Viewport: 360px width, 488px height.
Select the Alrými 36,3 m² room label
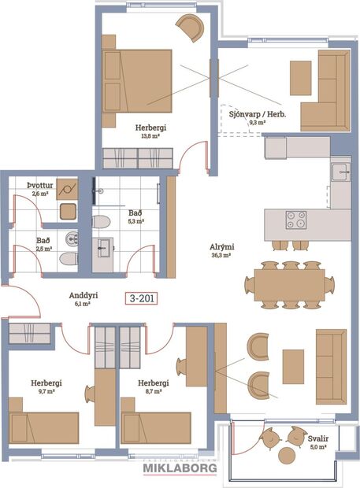click(x=221, y=250)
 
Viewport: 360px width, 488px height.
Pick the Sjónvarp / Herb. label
click(x=257, y=119)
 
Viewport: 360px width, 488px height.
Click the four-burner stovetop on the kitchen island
click(x=297, y=220)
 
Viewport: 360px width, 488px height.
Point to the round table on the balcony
click(x=285, y=455)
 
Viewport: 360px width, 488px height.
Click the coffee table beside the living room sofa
click(x=293, y=366)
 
